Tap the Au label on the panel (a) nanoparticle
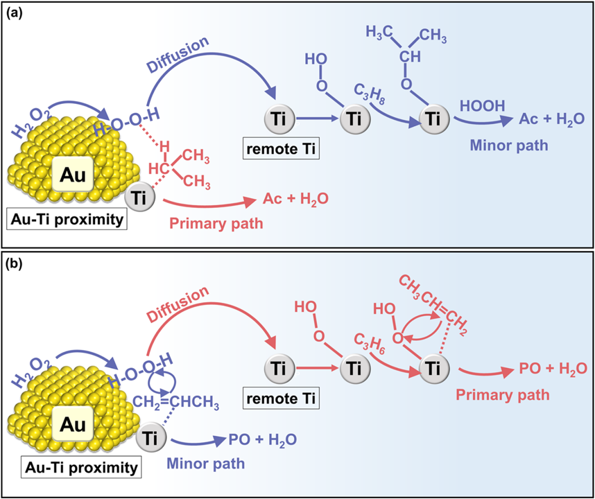[72, 175]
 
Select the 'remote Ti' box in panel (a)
[281, 149]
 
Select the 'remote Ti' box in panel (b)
[281, 399]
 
